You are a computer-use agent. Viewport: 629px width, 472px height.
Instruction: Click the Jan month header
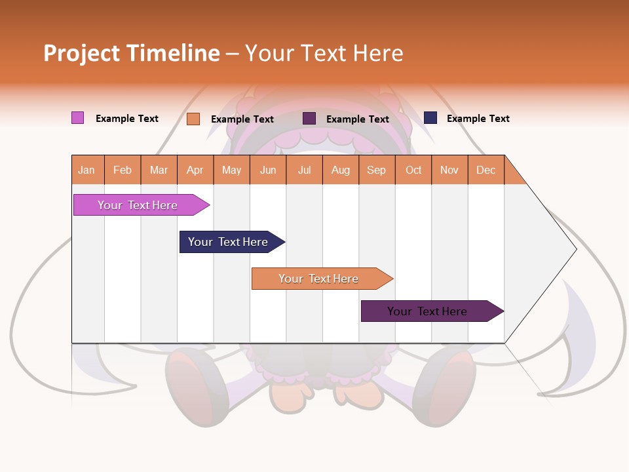pos(86,170)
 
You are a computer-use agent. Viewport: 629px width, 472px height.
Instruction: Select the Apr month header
pos(195,170)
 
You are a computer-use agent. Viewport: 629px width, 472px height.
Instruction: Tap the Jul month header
pos(304,170)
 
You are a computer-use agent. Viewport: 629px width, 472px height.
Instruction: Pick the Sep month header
pos(376,170)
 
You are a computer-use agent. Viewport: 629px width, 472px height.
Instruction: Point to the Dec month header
pos(486,170)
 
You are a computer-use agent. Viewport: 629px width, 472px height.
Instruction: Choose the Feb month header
pos(123,170)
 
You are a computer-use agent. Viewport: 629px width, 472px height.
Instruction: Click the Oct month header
pos(413,170)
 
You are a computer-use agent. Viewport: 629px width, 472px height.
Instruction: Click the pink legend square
pos(77,118)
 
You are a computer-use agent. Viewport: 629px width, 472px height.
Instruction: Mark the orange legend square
pos(193,119)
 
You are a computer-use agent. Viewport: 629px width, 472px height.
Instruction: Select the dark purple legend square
pos(309,118)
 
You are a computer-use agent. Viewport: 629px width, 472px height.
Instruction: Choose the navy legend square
pos(430,118)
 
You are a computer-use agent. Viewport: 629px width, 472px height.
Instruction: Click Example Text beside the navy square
pos(478,119)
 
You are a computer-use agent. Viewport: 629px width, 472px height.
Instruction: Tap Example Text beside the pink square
pos(127,119)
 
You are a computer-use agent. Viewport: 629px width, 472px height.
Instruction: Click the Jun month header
pos(268,170)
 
